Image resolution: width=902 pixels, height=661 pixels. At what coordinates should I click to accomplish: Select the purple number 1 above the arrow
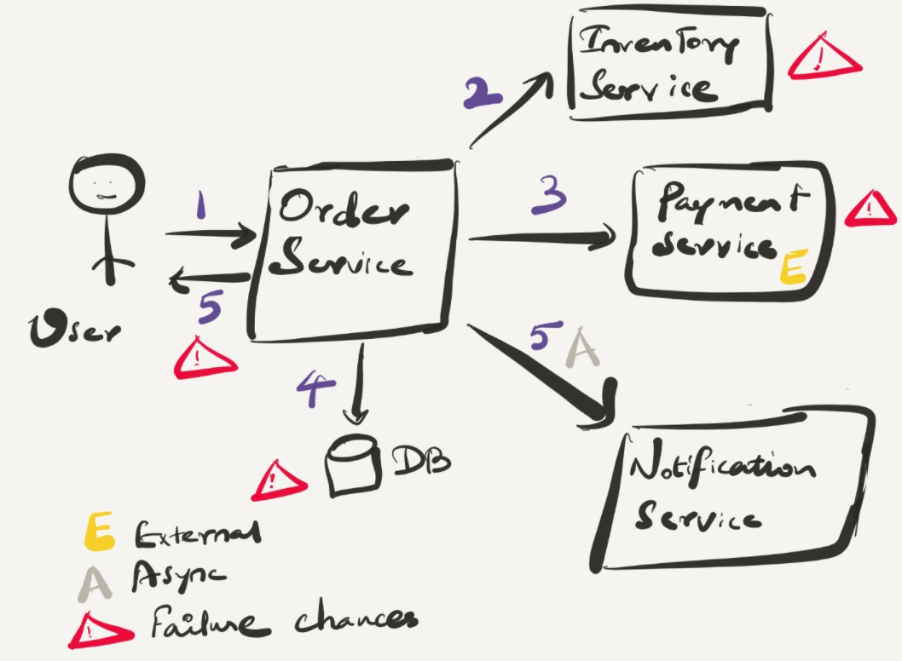click(x=202, y=205)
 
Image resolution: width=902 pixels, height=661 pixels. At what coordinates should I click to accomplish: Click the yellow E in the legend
click(x=101, y=534)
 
